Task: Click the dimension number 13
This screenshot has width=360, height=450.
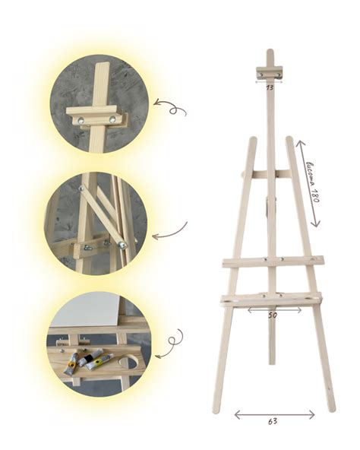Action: point(270,87)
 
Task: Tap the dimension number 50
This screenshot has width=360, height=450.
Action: point(273,315)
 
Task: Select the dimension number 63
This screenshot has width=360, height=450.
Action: point(273,421)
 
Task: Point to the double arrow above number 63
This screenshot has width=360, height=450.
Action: point(274,415)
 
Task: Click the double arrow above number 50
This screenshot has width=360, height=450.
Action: point(274,309)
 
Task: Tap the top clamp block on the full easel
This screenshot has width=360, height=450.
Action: point(269,73)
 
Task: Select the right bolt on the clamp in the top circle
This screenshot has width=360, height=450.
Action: point(112,119)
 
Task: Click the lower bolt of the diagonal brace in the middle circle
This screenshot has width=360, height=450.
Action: point(123,245)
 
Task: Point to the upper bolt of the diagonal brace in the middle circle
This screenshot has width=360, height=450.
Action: point(81,189)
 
